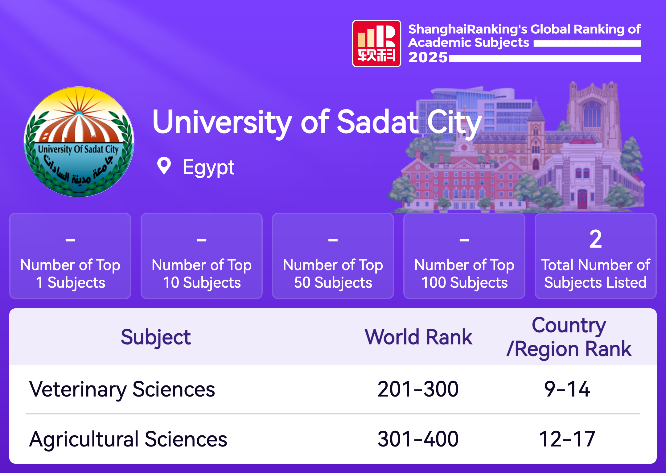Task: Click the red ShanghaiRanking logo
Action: (x=376, y=43)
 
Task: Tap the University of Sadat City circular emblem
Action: (x=79, y=142)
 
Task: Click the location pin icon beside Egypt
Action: (x=164, y=166)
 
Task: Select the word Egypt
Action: (x=208, y=168)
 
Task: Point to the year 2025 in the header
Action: (x=428, y=57)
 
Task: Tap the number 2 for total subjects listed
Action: (x=595, y=239)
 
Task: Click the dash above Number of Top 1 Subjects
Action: (x=70, y=240)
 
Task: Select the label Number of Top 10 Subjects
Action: (x=202, y=274)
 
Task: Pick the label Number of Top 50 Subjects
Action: (x=333, y=274)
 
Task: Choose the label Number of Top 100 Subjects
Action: (x=464, y=274)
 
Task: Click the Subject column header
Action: (x=156, y=338)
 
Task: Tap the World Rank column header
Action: (x=418, y=337)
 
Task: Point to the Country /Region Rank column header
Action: (x=569, y=337)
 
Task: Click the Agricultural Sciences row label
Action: (x=128, y=439)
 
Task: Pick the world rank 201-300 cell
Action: (x=418, y=389)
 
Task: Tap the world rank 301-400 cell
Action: (x=418, y=439)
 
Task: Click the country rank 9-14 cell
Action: (x=567, y=389)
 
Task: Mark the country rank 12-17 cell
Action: (x=567, y=439)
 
